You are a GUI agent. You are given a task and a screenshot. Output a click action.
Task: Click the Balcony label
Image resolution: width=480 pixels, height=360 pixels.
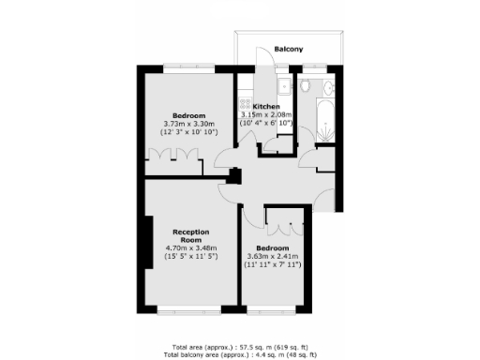point(287,50)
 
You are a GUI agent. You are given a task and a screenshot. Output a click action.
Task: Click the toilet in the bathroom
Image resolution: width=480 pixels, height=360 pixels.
point(307,87)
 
